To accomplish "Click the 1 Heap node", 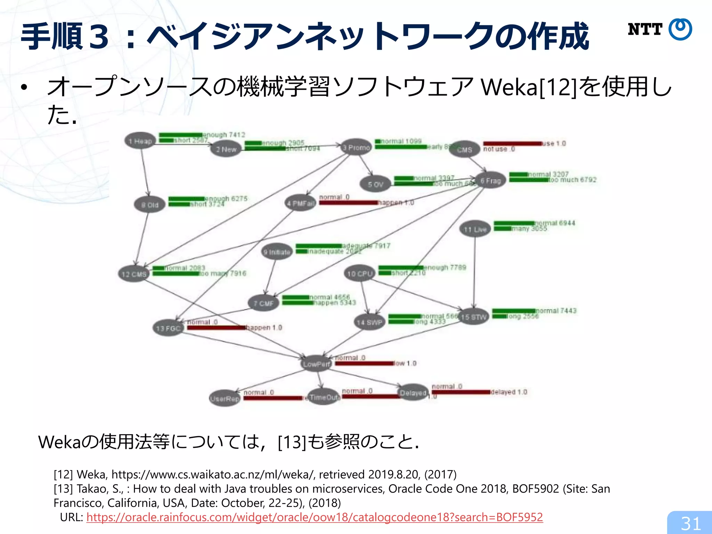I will [140, 141].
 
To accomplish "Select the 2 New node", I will [226, 149].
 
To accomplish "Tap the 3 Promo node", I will [356, 147].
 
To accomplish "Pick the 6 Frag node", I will [491, 180].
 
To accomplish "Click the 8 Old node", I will [149, 205].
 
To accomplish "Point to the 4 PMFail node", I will [300, 203].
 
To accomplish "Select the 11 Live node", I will [475, 229].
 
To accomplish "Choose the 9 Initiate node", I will [277, 252].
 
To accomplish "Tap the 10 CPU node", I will [359, 274].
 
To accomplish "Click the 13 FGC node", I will [168, 328].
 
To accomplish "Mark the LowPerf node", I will [316, 364].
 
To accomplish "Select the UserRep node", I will [225, 398].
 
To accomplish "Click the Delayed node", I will [413, 393].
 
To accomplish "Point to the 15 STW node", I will [474, 317].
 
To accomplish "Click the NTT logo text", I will [645, 30].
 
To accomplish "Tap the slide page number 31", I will [690, 524].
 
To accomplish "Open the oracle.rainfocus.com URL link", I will [314, 517].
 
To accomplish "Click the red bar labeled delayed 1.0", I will [461, 392].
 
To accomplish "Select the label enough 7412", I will [224, 135].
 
